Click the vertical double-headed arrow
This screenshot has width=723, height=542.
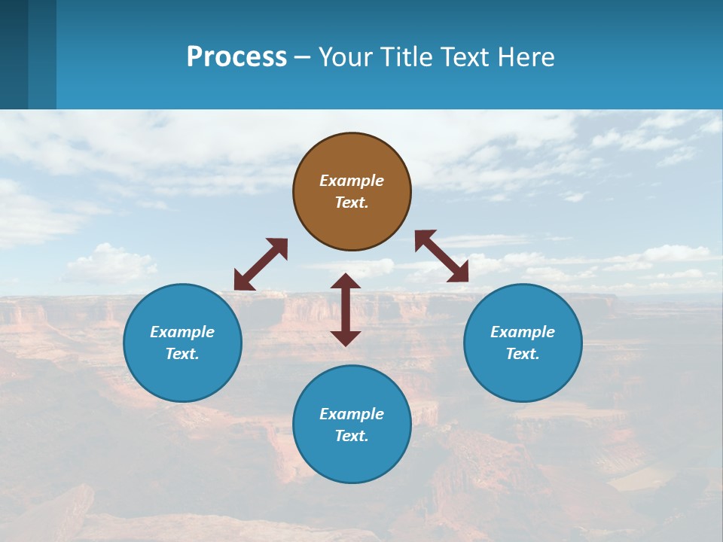pos(346,309)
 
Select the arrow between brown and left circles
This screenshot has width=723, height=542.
pos(261,264)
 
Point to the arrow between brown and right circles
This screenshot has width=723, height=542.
pos(441,256)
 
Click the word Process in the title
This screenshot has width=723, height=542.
pos(236,56)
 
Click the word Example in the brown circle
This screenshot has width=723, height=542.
pos(352,181)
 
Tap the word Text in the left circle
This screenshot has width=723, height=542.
pos(182,354)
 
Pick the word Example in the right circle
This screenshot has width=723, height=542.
pos(523,332)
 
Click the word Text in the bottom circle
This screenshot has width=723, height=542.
pos(352,436)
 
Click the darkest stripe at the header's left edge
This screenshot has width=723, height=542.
pos(14,54)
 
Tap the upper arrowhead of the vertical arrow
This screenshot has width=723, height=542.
pos(346,282)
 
